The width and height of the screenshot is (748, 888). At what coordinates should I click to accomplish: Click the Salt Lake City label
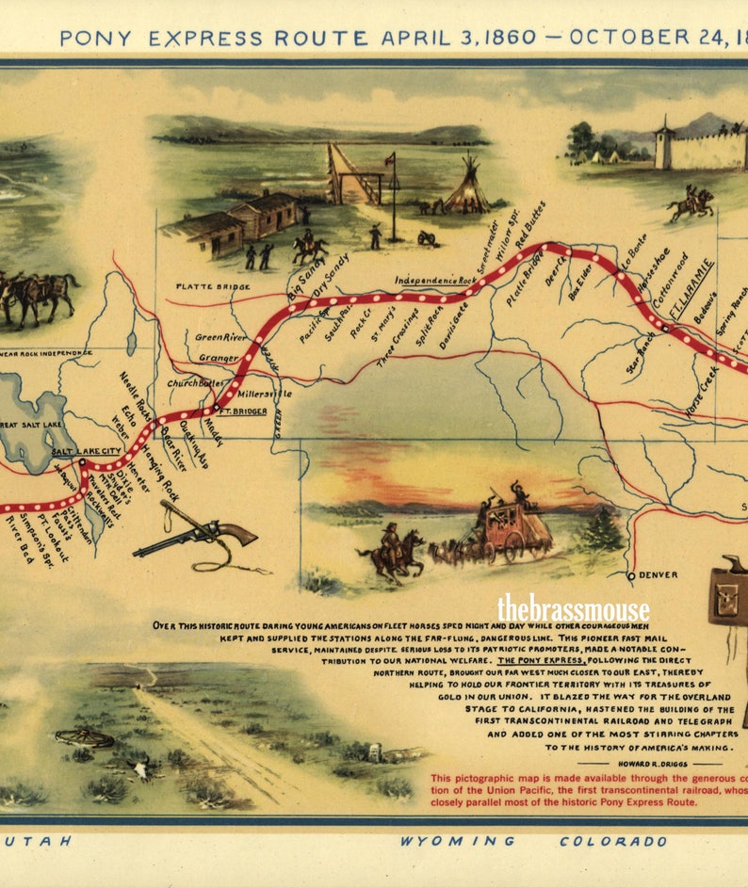[86, 451]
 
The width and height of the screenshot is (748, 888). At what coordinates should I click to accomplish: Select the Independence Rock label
[434, 280]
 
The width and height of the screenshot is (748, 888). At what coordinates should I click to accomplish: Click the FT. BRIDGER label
[242, 412]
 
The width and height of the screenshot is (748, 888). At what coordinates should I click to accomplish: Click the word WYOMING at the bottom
[457, 841]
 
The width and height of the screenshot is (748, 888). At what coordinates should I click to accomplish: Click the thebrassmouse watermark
[573, 608]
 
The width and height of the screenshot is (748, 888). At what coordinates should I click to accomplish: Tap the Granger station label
[219, 358]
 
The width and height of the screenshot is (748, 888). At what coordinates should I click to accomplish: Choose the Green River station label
[221, 336]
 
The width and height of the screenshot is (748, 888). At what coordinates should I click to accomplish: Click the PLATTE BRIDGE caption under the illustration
[213, 286]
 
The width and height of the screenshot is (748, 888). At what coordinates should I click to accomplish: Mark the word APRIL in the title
[417, 39]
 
